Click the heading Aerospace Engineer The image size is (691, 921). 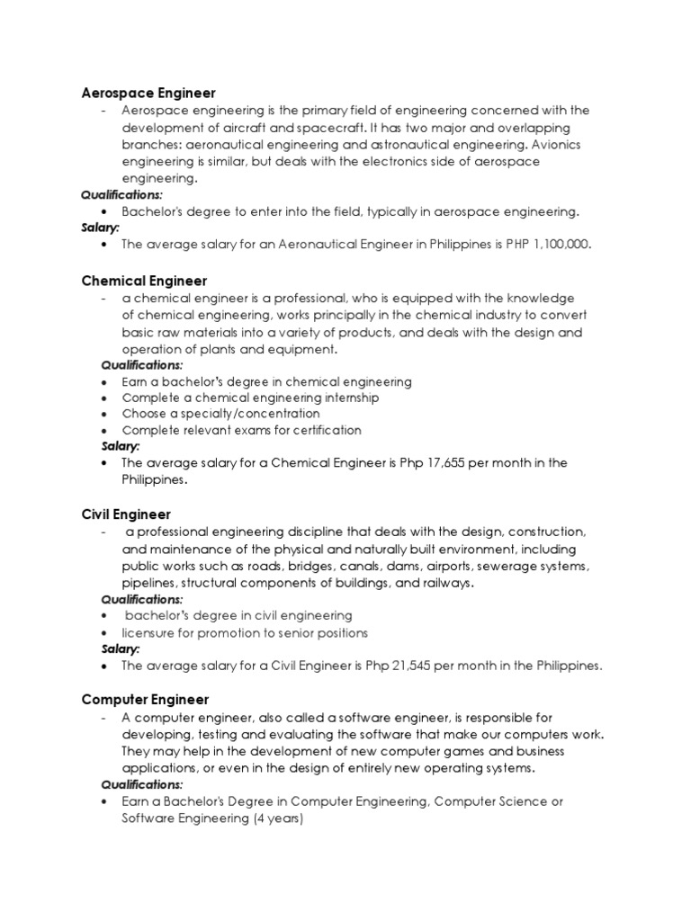tap(148, 93)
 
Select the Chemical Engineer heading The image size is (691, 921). tap(144, 282)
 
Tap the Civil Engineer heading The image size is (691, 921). tap(126, 514)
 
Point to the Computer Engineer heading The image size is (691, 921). tap(145, 699)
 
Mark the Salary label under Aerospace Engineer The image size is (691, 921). tap(100, 228)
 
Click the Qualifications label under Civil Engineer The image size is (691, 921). tap(141, 599)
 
